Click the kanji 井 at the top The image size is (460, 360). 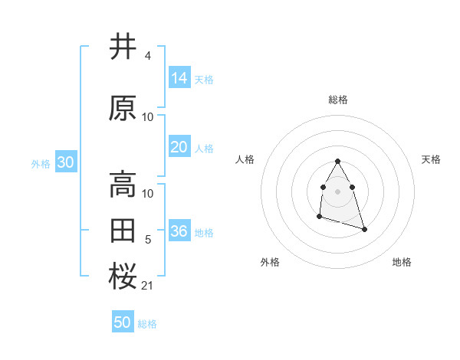(123, 47)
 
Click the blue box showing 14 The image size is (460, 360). (179, 78)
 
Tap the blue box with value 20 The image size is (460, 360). (179, 147)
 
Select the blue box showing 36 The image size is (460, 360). (179, 231)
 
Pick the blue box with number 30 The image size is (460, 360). (65, 162)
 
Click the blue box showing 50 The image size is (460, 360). (123, 322)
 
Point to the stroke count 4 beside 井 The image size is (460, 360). (147, 56)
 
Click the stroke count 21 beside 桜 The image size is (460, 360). (148, 286)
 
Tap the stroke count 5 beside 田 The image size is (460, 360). (148, 240)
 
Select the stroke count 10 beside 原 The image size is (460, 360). (148, 117)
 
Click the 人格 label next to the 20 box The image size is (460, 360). (204, 148)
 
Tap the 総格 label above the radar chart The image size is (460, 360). (338, 100)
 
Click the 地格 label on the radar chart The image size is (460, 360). (402, 262)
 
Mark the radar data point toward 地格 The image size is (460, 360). (364, 230)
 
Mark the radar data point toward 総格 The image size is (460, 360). (337, 161)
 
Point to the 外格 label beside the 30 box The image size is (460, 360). (41, 163)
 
